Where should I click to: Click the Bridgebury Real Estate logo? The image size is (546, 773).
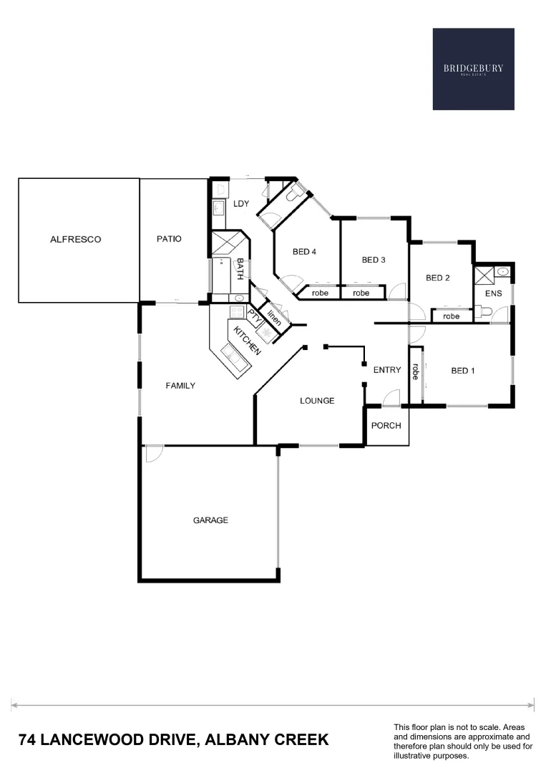(x=473, y=69)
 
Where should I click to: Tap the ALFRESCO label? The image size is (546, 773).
(x=75, y=239)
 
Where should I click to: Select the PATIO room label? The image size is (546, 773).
(x=169, y=239)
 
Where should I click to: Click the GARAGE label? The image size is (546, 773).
(x=210, y=520)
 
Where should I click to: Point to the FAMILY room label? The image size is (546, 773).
(x=180, y=385)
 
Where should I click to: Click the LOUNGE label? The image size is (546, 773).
(x=316, y=401)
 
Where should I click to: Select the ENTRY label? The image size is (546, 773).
(x=387, y=370)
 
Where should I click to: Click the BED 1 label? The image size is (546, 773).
(x=463, y=371)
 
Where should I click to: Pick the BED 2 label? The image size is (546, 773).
(x=437, y=278)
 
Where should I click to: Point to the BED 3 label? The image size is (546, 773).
(x=374, y=260)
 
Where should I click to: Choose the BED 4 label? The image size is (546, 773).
(x=304, y=251)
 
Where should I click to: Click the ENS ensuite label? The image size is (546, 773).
(x=493, y=293)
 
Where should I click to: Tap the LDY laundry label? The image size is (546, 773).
(x=240, y=204)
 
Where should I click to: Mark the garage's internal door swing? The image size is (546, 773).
(x=153, y=453)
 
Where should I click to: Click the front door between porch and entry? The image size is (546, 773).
(x=390, y=398)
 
